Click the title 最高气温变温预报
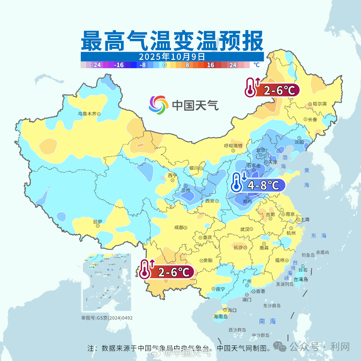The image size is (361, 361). [172, 41]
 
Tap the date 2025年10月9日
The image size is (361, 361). [172, 56]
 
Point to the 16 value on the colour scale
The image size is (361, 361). [211, 65]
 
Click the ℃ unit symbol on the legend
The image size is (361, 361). [256, 65]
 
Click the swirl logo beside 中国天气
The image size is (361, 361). [158, 105]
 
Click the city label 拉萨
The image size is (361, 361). [98, 221]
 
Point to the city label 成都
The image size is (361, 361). [179, 227]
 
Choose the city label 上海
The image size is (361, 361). [305, 220]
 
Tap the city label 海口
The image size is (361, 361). [232, 310]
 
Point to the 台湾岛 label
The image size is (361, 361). [300, 279]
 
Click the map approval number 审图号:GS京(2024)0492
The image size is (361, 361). [107, 318]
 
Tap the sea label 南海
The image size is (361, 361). [267, 321]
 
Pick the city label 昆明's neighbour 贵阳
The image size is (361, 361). [208, 261]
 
